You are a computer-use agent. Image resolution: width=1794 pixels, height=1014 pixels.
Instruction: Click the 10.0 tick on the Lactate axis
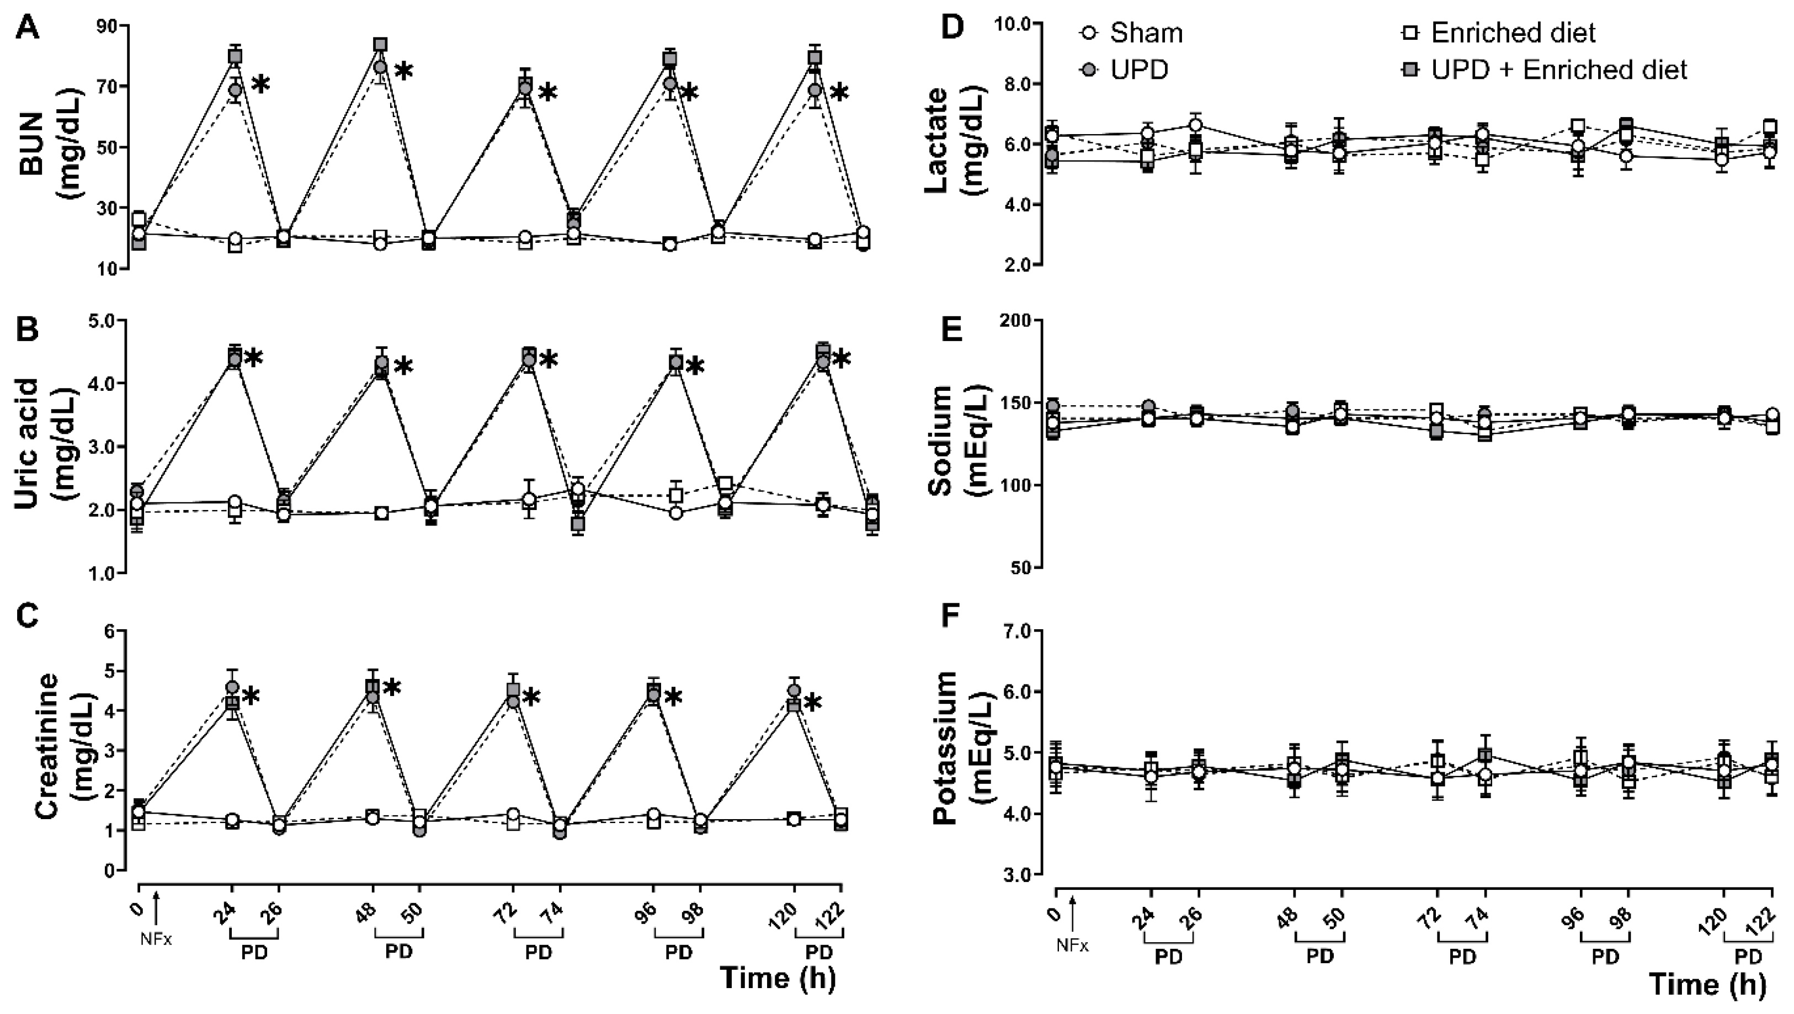[1007, 24]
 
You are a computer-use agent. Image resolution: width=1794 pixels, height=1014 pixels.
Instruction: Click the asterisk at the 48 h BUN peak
[403, 72]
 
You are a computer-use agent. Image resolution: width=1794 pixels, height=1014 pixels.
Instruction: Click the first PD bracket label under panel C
[255, 952]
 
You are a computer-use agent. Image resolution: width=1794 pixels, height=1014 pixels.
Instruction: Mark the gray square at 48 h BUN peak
[380, 45]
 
